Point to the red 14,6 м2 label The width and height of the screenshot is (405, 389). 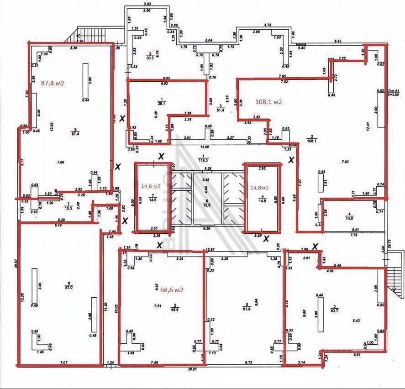(x=151, y=186)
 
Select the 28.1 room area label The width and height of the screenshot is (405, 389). (x=160, y=103)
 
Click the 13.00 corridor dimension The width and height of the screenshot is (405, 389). (x=204, y=147)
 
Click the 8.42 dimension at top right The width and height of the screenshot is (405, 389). (x=338, y=41)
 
